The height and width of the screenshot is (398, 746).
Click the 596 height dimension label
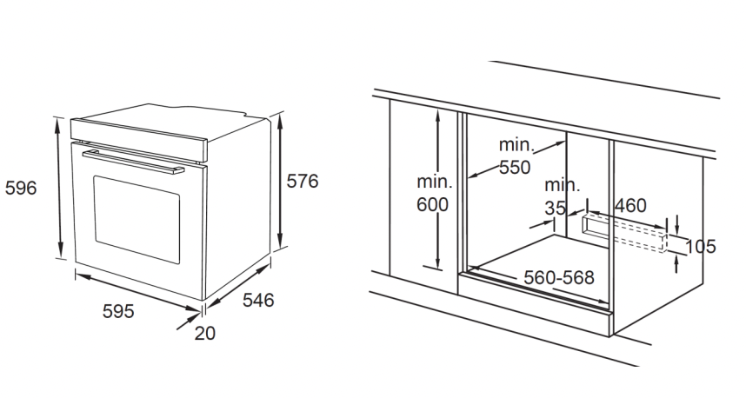click(x=21, y=189)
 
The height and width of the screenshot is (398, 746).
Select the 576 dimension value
click(x=302, y=181)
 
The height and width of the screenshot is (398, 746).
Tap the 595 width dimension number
click(x=118, y=311)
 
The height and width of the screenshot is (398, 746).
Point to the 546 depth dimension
click(x=258, y=300)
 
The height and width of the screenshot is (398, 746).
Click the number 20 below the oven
click(x=205, y=334)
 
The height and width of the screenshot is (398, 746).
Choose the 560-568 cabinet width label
click(x=559, y=277)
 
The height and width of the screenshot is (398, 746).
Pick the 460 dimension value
click(x=631, y=205)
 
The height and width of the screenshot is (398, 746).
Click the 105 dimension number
click(x=700, y=246)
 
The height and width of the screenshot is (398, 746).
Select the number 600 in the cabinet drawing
click(x=432, y=204)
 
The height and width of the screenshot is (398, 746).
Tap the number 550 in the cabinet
click(x=515, y=168)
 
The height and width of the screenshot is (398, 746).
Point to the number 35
click(x=556, y=208)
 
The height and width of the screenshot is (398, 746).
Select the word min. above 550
click(x=516, y=144)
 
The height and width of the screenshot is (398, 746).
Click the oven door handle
click(x=133, y=162)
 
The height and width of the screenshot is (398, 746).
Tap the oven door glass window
click(x=137, y=219)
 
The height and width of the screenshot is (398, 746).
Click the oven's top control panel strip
click(x=139, y=139)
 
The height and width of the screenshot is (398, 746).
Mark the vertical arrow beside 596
click(x=59, y=188)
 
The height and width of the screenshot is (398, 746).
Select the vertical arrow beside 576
click(x=280, y=181)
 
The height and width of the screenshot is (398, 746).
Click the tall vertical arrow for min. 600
click(x=437, y=189)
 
